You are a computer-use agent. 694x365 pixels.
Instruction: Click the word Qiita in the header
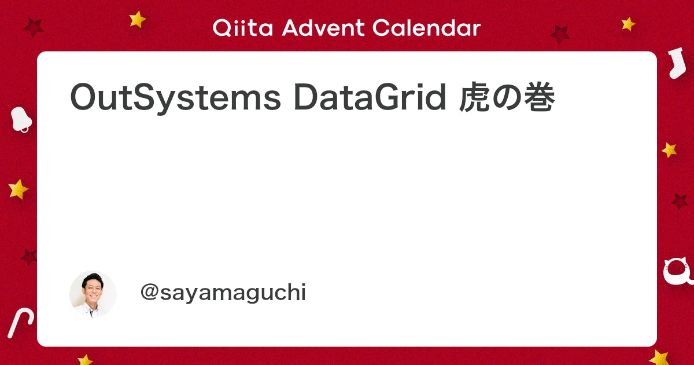pyautogui.click(x=242, y=28)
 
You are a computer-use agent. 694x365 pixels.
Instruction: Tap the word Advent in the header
pyautogui.click(x=323, y=28)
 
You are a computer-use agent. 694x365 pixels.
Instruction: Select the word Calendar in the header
pyautogui.click(x=426, y=28)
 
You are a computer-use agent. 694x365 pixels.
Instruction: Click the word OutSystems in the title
pyautogui.click(x=175, y=98)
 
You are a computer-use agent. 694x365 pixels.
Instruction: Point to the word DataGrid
pyautogui.click(x=370, y=97)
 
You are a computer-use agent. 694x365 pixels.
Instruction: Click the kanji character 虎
pyautogui.click(x=475, y=97)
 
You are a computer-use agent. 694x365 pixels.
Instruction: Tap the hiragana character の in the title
pyautogui.click(x=507, y=97)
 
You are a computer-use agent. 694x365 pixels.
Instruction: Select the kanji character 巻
pyautogui.click(x=539, y=97)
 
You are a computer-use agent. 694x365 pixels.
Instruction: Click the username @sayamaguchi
pyautogui.click(x=223, y=293)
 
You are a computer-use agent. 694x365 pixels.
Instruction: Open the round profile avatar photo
pyautogui.click(x=93, y=294)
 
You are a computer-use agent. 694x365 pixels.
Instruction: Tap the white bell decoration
pyautogui.click(x=21, y=120)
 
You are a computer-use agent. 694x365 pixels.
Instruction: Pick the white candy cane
pyautogui.click(x=20, y=323)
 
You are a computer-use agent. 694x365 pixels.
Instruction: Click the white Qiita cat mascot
pyautogui.click(x=678, y=271)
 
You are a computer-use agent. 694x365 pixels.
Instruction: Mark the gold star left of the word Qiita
pyautogui.click(x=137, y=19)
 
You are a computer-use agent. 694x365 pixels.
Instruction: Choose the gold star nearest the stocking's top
pyautogui.click(x=628, y=24)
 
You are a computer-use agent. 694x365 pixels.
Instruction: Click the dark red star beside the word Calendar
pyautogui.click(x=560, y=34)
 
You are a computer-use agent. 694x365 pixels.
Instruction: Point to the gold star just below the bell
pyautogui.click(x=19, y=189)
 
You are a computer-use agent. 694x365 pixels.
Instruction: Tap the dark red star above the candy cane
pyautogui.click(x=29, y=257)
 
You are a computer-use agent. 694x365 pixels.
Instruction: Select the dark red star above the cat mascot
pyautogui.click(x=680, y=202)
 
